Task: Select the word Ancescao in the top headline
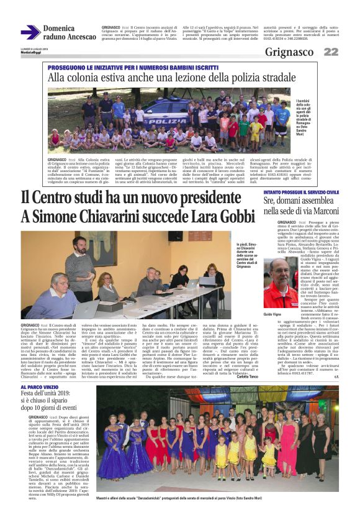coord(79,37)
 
